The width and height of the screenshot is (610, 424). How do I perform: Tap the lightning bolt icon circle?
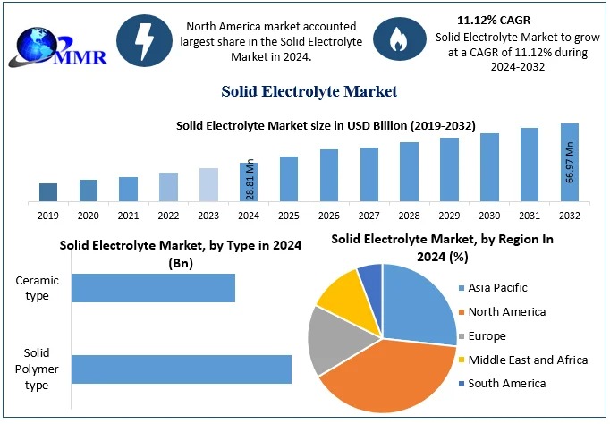(144, 39)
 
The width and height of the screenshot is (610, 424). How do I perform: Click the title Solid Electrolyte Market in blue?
(309, 91)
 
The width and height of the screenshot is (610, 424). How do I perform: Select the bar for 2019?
(48, 191)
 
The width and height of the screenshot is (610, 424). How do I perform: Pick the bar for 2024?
(249, 182)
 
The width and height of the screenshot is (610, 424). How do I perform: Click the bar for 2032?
(570, 162)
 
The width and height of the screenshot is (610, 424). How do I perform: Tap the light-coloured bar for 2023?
(208, 184)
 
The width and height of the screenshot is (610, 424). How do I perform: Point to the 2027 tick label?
(369, 216)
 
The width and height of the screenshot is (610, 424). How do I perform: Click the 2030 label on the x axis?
(489, 216)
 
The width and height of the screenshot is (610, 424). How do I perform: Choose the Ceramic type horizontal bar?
(153, 288)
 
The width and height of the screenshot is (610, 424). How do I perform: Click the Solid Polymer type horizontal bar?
(182, 369)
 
